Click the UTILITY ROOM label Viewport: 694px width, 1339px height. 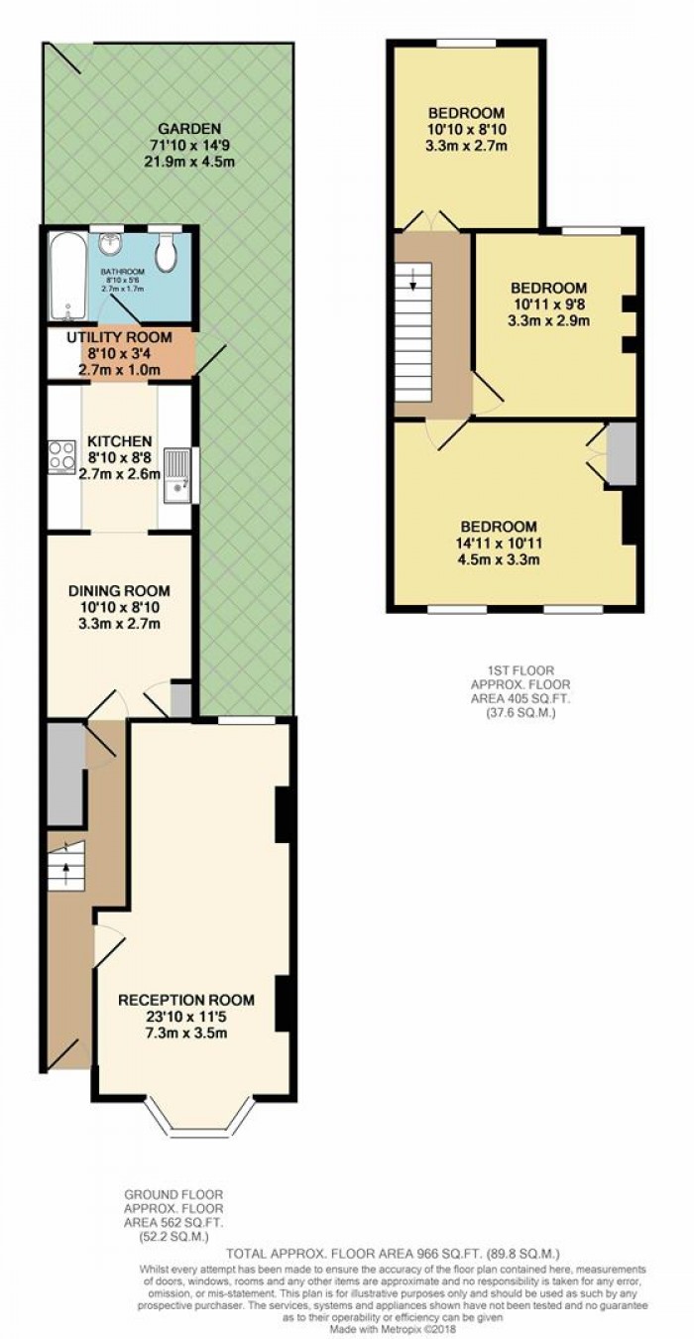coord(119,337)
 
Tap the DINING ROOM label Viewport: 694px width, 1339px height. coord(115,589)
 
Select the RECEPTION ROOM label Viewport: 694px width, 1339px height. coord(186,999)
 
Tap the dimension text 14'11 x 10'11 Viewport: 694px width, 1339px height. coord(499,544)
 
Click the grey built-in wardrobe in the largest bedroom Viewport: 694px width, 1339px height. coord(621,455)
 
